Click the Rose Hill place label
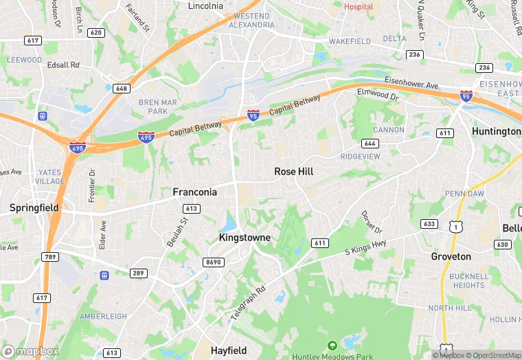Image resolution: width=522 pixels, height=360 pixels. point(293,171)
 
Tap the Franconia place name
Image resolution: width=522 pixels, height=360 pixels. point(194,192)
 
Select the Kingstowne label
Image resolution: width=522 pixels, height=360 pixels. point(245,237)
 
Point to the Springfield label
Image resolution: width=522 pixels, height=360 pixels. point(34,207)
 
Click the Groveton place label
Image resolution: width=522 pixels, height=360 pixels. point(451,256)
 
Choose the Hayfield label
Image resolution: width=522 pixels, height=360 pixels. point(229,350)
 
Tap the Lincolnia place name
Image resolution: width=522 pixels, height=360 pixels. point(205,5)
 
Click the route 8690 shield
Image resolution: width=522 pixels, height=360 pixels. point(214,262)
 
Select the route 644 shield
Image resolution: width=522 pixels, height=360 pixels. point(370,143)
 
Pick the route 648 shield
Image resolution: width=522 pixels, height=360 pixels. point(122,88)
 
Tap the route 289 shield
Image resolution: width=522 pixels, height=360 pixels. point(139,273)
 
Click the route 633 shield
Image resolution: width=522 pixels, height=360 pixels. point(429,223)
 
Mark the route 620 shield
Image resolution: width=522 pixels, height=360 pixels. point(96,32)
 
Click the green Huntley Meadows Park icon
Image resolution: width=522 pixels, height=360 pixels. point(332,345)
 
